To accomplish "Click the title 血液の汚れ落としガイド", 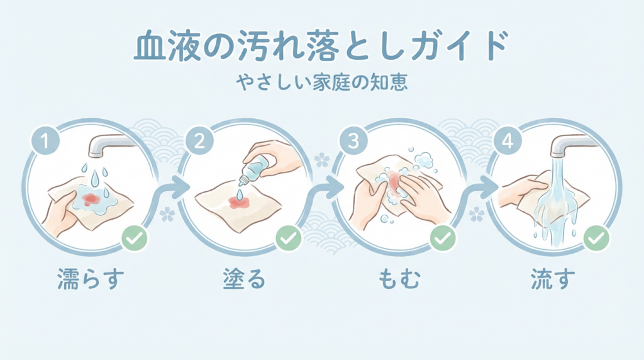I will (x=321, y=47).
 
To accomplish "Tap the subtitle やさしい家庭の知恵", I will (x=321, y=82).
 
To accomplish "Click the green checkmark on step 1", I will (x=134, y=238).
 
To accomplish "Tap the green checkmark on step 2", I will (x=289, y=238).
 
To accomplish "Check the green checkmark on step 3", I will (x=443, y=238).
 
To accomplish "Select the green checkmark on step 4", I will (x=596, y=238).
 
